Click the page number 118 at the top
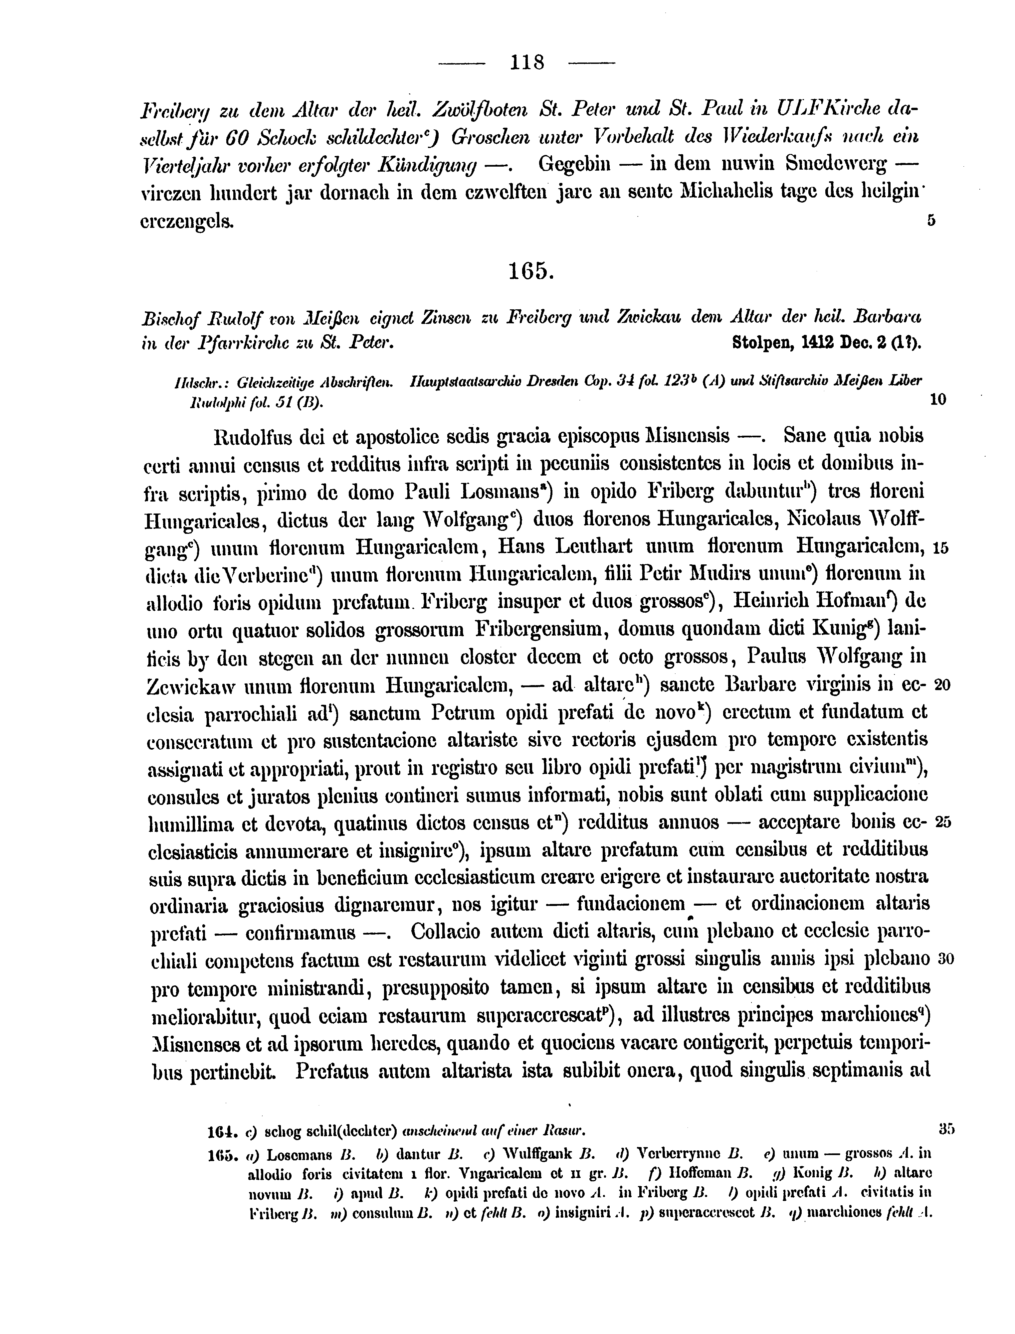(x=527, y=62)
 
